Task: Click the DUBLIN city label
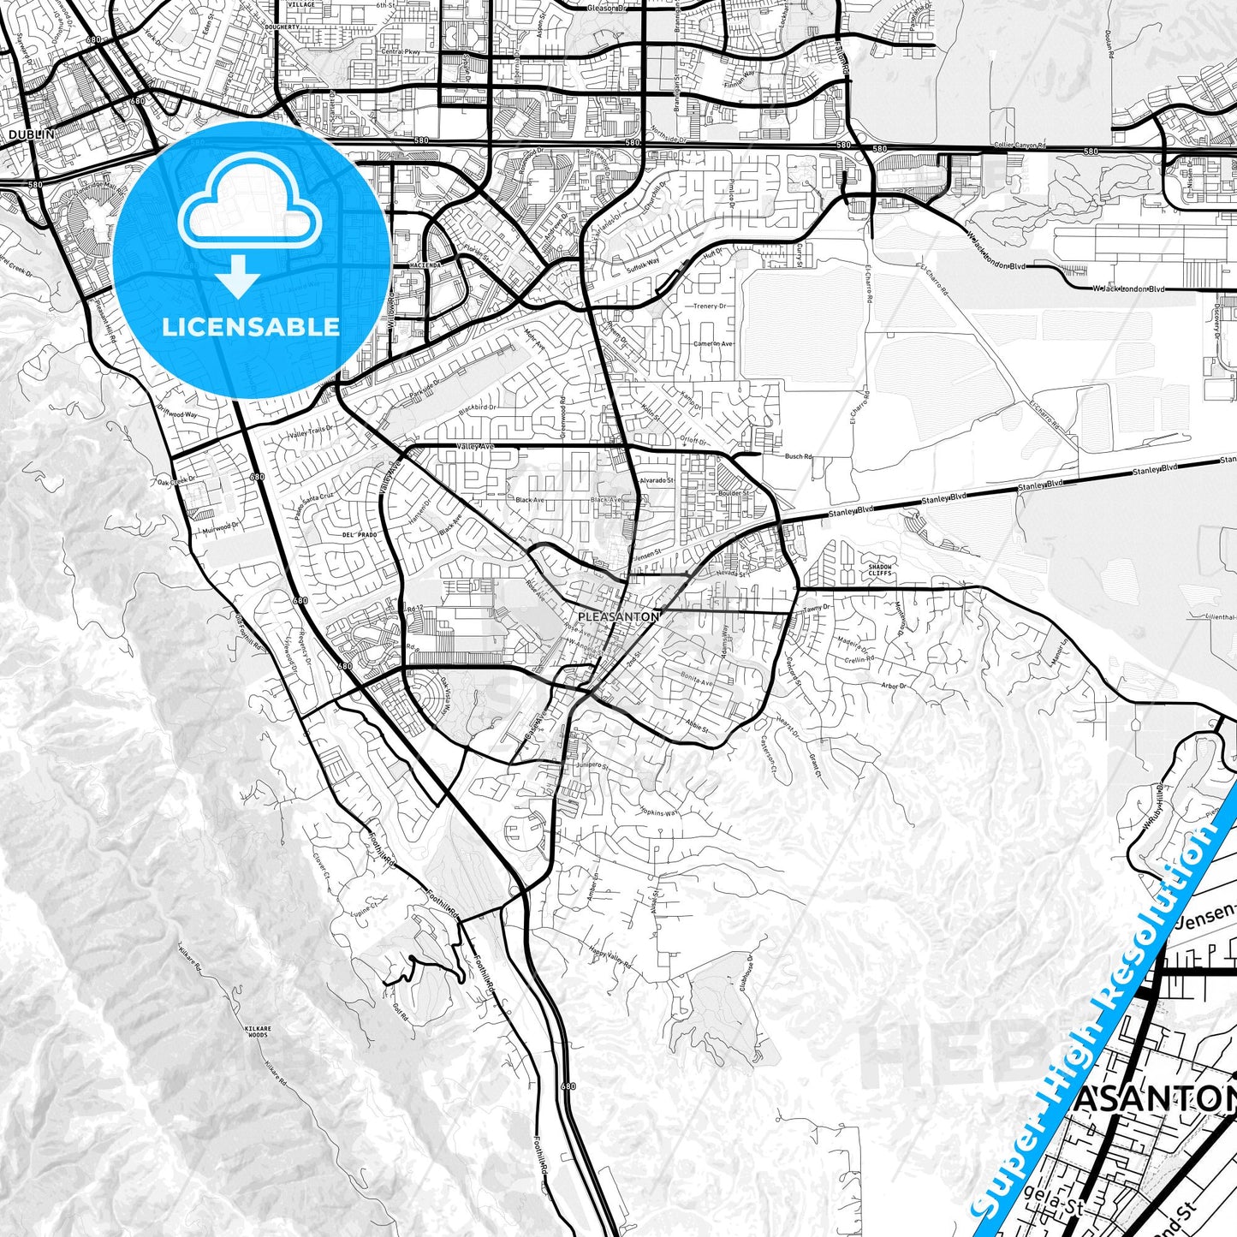pos(31,134)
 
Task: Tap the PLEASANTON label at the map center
pos(619,616)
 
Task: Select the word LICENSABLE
pos(251,327)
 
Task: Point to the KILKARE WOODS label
pos(257,1032)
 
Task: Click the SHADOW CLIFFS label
pos(880,570)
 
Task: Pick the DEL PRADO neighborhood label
pos(360,534)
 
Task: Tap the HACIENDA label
pos(428,265)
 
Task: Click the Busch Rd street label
pos(799,457)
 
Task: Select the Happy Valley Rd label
pos(610,957)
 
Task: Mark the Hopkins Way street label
pos(659,811)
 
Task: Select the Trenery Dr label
pos(710,306)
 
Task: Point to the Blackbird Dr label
pos(477,408)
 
